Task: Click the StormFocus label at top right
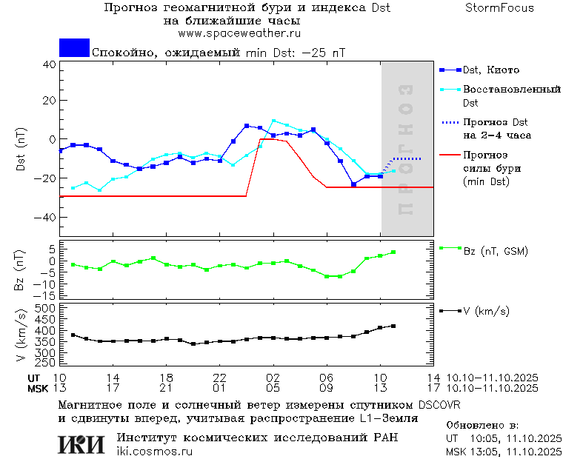coord(499,8)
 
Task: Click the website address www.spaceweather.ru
coord(239,33)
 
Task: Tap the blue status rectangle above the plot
coord(74,48)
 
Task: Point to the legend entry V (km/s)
coord(486,312)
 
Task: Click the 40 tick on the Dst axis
coord(49,64)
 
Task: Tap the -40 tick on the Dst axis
coord(46,218)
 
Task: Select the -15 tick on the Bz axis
coord(46,295)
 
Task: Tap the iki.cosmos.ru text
coord(154,452)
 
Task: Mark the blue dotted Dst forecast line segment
coord(406,159)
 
